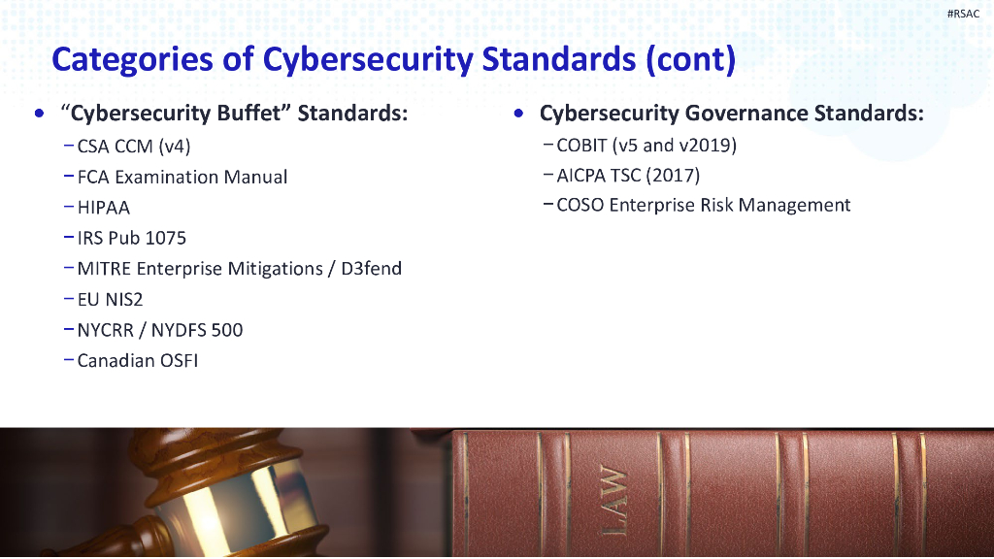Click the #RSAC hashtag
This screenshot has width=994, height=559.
coord(963,13)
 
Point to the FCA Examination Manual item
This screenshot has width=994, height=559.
coord(182,177)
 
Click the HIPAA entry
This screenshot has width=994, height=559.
coord(103,208)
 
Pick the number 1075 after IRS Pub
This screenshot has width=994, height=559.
coord(166,238)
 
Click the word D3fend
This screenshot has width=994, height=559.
coord(371,268)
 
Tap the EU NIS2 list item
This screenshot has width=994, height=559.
coord(110,299)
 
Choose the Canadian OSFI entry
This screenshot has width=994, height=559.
coord(137,360)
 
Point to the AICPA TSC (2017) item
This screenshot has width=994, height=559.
coord(628,176)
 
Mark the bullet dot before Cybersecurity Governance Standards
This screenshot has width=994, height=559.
coord(520,114)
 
